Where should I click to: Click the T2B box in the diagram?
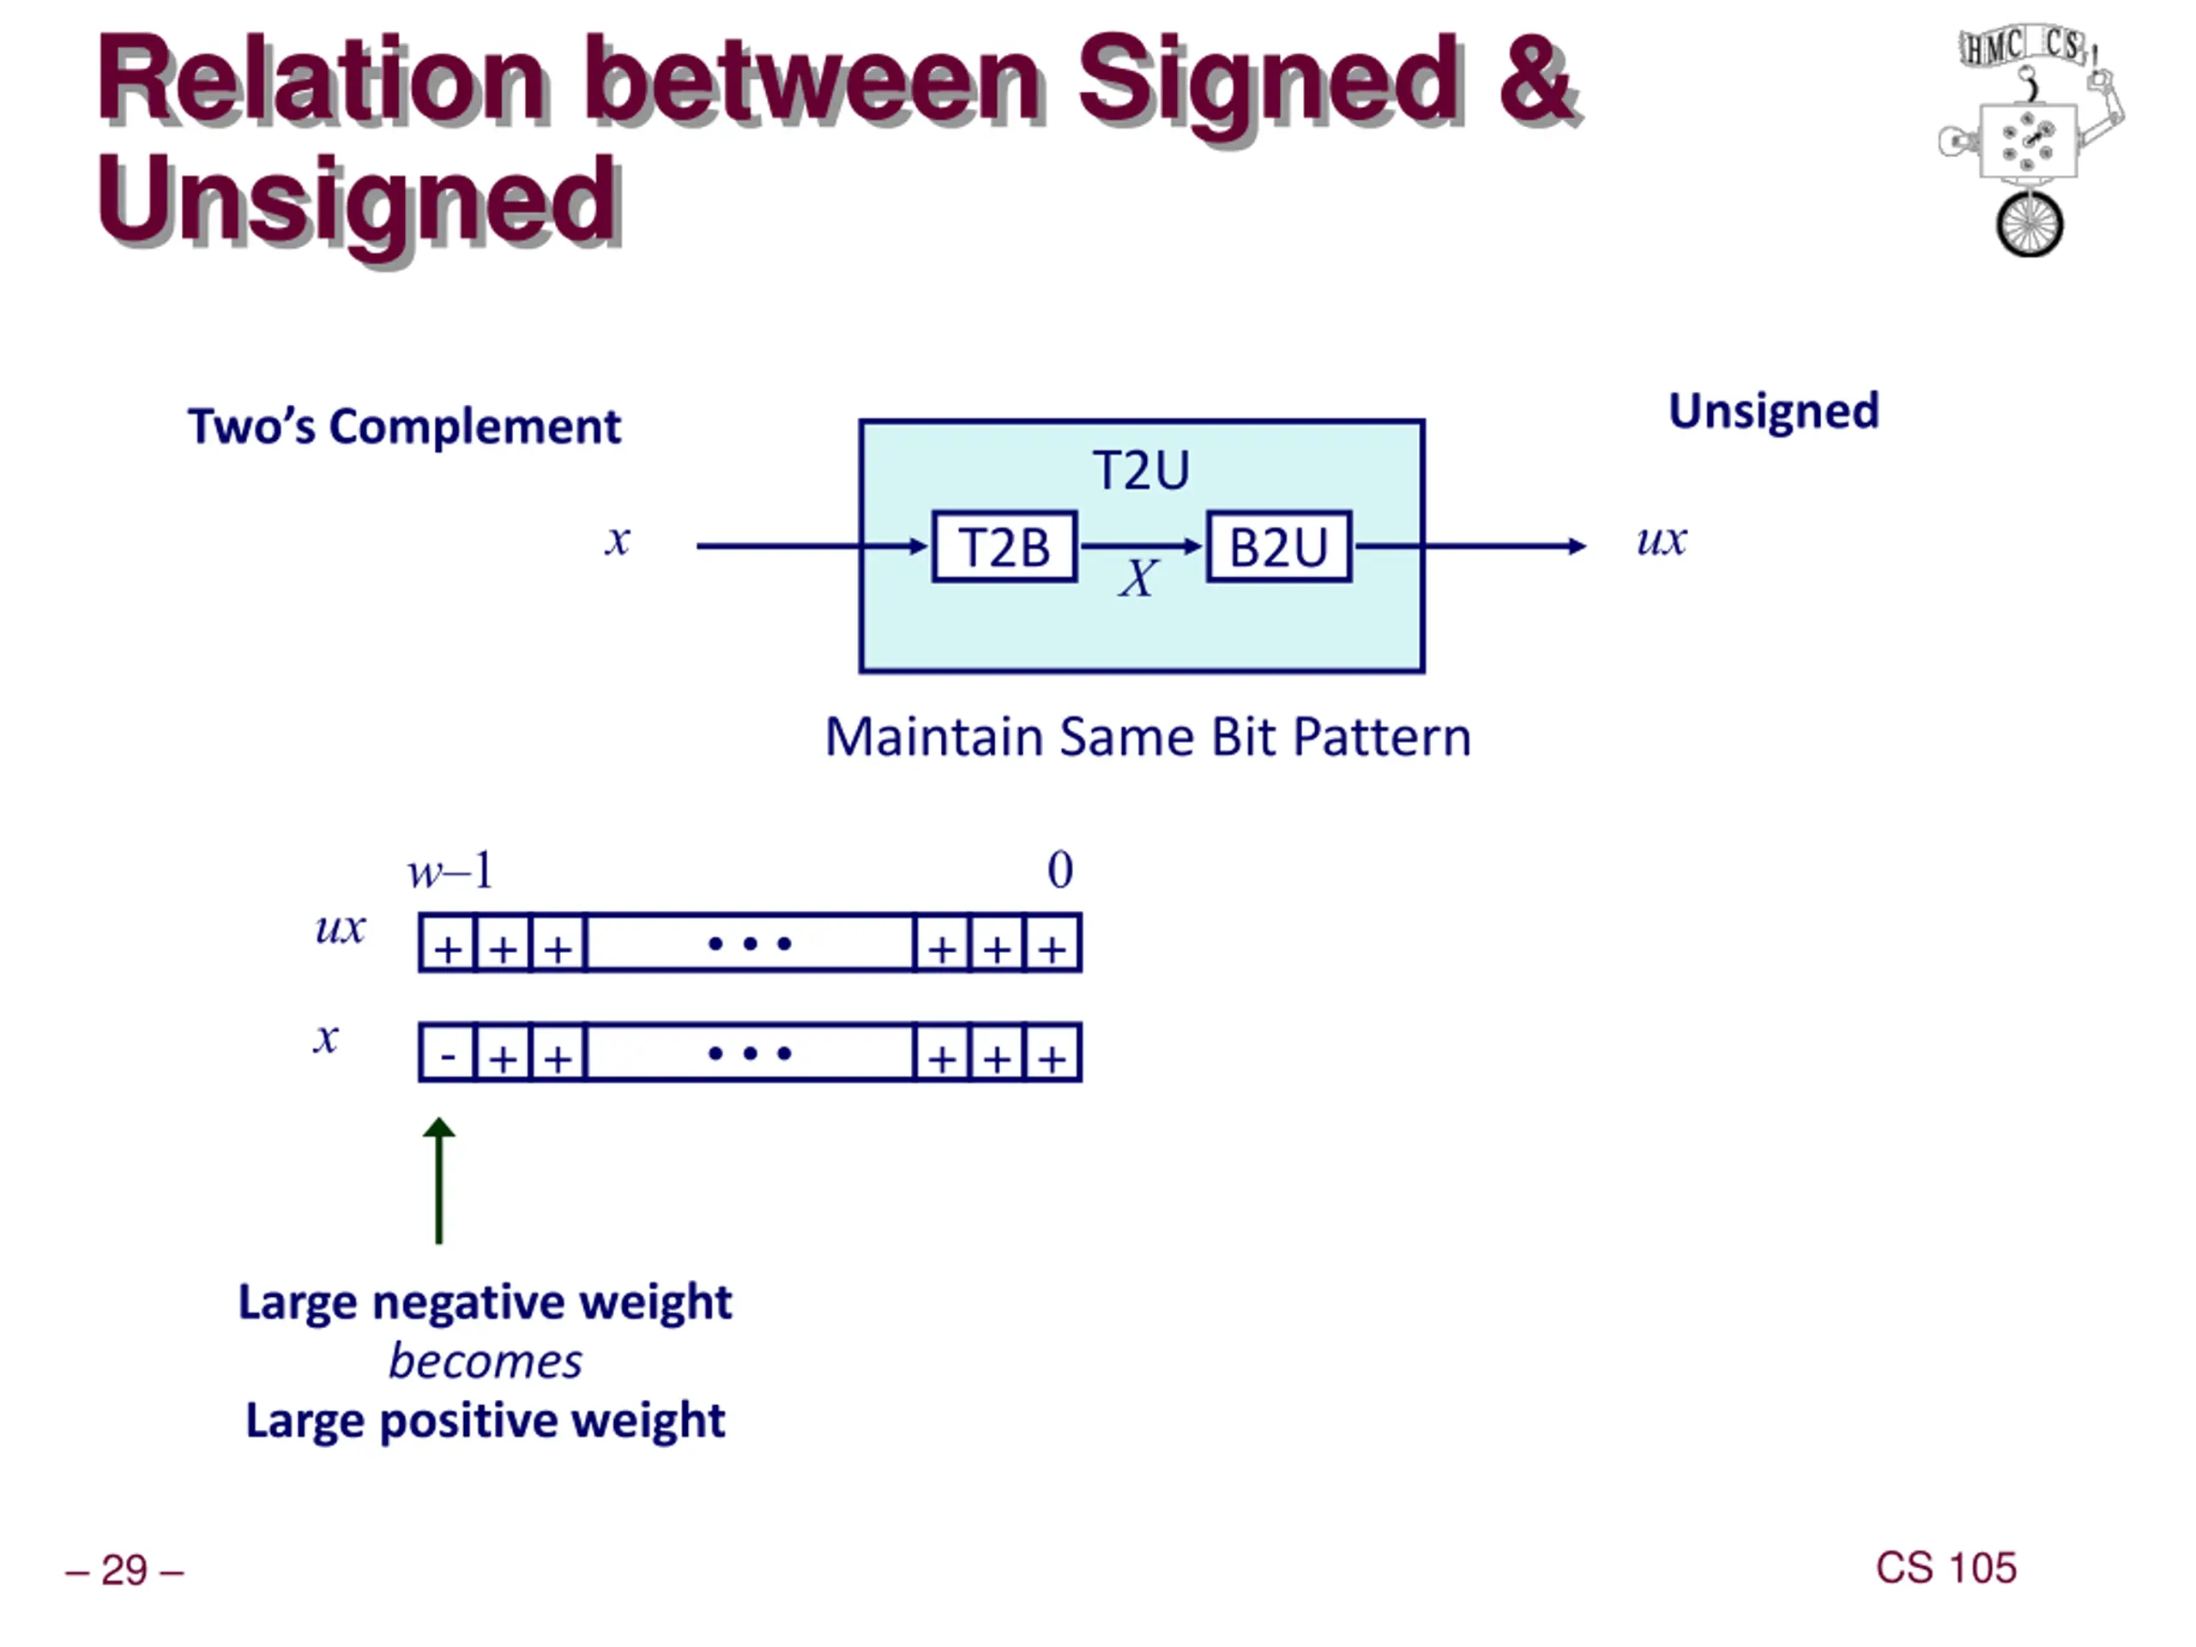click(1004, 546)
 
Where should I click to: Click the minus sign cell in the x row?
click(448, 1053)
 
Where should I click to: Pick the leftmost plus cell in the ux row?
click(448, 944)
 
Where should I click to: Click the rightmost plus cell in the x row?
click(1053, 1053)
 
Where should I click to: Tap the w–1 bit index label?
click(449, 871)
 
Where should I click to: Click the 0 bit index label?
click(1059, 870)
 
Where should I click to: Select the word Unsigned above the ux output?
click(1773, 411)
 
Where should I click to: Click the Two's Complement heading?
click(404, 427)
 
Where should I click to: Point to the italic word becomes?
click(485, 1361)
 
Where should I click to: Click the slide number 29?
click(124, 1570)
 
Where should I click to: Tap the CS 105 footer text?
click(1945, 1567)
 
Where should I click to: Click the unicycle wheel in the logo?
click(2030, 225)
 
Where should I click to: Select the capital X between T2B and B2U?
click(1137, 578)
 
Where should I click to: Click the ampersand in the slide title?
click(1535, 80)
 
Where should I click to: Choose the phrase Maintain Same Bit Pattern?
click(1148, 737)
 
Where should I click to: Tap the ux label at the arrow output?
click(1661, 540)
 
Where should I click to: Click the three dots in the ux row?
click(750, 943)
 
